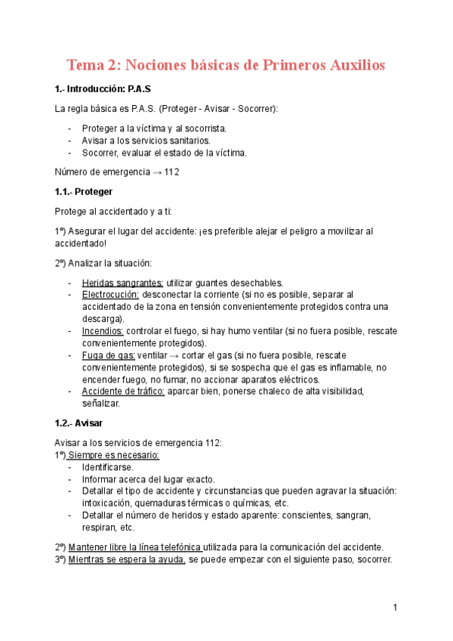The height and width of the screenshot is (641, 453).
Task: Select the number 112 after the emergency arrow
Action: [x=172, y=172]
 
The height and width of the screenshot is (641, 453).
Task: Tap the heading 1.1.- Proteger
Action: [x=84, y=192]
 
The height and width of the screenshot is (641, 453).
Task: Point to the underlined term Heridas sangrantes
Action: [x=122, y=282]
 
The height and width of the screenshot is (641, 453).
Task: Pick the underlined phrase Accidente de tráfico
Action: [x=123, y=391]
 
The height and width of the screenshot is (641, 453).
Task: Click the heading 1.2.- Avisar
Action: [x=79, y=423]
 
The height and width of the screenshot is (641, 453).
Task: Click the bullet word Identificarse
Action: [x=108, y=466]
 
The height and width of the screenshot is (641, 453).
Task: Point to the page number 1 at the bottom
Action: [x=395, y=607]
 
